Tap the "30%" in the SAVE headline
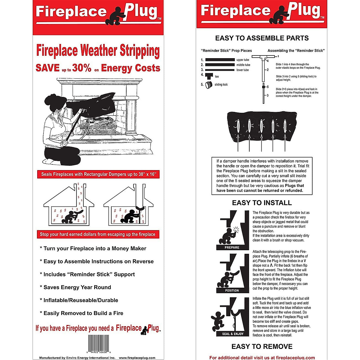[x=82, y=68]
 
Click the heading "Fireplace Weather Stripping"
[x=98, y=50]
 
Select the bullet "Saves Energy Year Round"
[x=75, y=287]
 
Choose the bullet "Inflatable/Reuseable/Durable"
[x=79, y=300]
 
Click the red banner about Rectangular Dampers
[x=98, y=174]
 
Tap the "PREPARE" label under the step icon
[x=232, y=247]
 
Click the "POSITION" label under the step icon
[x=232, y=290]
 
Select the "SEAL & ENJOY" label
[x=233, y=334]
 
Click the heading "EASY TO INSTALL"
[x=262, y=203]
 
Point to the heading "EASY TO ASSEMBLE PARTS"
[x=262, y=38]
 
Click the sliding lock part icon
[x=209, y=85]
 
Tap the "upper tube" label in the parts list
[x=243, y=60]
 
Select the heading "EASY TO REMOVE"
[x=262, y=346]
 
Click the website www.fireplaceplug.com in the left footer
[x=137, y=358]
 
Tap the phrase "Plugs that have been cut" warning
[x=260, y=188]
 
